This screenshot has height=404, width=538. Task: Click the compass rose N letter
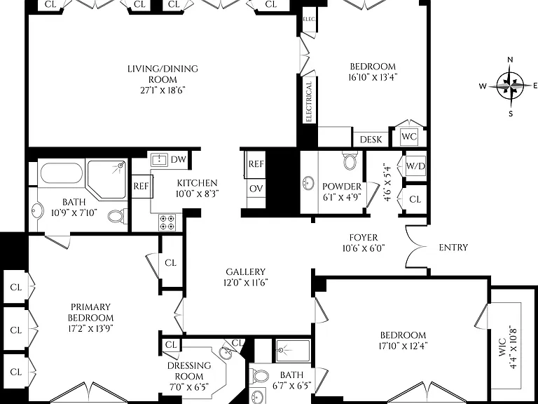[x=510, y=60]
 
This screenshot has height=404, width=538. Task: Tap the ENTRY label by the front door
[x=453, y=248]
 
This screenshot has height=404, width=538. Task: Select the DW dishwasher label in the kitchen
[x=178, y=159]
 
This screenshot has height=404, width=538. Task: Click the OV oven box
[x=256, y=188]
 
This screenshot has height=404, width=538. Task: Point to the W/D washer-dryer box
[x=415, y=166]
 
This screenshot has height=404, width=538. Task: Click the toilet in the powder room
[x=350, y=161]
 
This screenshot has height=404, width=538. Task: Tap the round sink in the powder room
[x=309, y=183]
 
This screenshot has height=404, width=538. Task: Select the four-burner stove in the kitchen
[x=167, y=222]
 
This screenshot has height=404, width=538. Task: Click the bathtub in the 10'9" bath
[x=62, y=173]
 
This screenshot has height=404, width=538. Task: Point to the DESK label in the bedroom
[x=371, y=140]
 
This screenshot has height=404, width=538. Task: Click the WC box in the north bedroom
[x=409, y=137]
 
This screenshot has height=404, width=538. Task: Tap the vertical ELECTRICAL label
[x=308, y=102]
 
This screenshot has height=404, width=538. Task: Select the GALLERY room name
[x=246, y=271]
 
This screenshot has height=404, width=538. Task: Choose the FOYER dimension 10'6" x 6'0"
[x=364, y=248]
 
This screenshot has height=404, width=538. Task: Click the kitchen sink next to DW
[x=159, y=159]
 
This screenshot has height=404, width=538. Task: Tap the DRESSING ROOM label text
[x=189, y=370]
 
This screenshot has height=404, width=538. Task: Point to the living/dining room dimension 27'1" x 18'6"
[x=163, y=90]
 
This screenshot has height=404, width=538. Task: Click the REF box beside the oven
[x=256, y=164]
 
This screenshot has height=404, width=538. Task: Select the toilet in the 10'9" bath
[x=116, y=216]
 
